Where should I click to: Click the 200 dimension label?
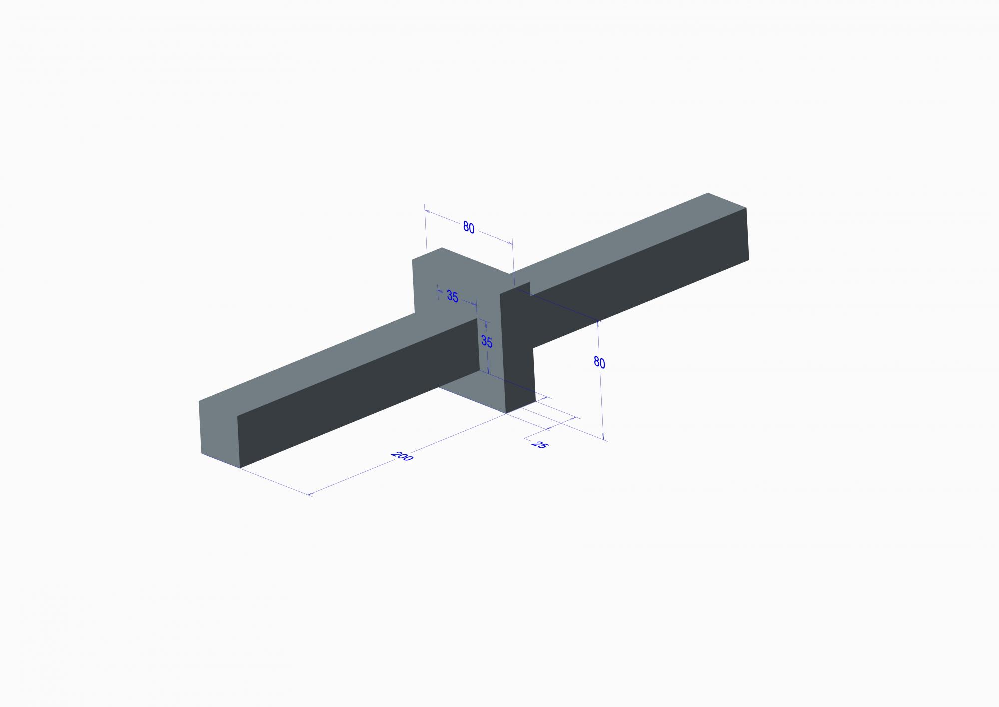[402, 456]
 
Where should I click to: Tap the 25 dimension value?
[538, 444]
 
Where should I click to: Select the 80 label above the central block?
[468, 228]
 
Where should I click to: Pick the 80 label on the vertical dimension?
[599, 362]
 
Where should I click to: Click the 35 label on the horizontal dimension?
[452, 296]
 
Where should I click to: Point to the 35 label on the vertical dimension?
[486, 342]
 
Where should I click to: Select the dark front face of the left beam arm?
[358, 393]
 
